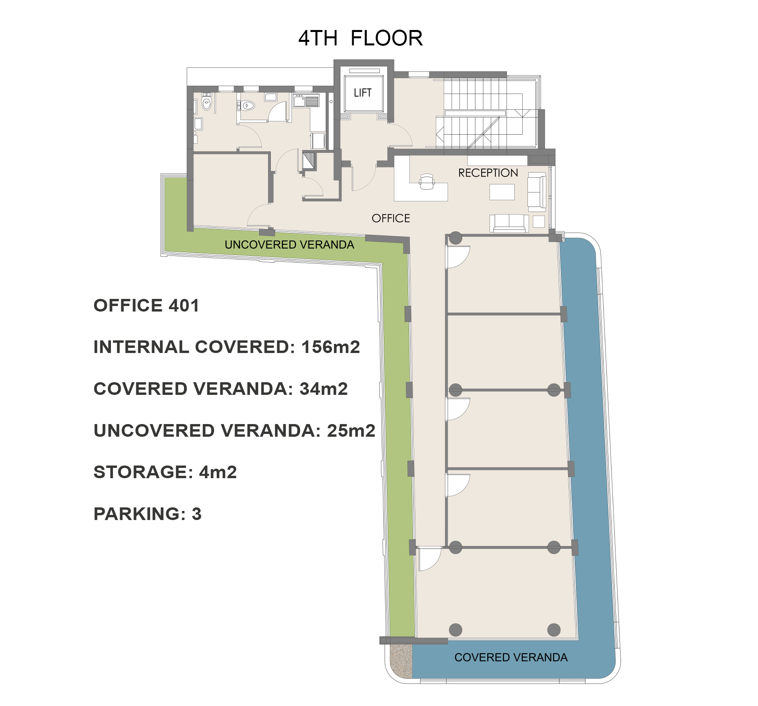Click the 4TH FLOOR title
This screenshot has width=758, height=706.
tap(360, 38)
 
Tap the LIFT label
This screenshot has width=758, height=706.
tap(362, 93)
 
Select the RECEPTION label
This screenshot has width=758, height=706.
tap(488, 173)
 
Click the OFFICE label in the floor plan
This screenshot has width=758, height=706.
tap(390, 218)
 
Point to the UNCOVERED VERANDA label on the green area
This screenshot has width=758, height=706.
tap(289, 245)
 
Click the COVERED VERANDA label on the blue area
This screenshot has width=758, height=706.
tap(510, 657)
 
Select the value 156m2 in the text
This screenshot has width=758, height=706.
tap(330, 347)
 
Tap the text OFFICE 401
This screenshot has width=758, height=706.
tap(146, 306)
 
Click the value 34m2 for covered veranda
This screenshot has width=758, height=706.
tap(323, 389)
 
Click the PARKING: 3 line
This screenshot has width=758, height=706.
tap(147, 514)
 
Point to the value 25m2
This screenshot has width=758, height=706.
tap(351, 431)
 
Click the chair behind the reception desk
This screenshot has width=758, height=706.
tap(426, 182)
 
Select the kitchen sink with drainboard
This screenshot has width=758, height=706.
tap(306, 101)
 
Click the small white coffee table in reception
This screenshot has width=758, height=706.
tap(502, 192)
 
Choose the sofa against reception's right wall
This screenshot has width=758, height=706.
tap(537, 192)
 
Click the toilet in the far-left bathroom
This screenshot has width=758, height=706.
tap(206, 103)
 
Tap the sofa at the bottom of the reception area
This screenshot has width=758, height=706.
tap(509, 223)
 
